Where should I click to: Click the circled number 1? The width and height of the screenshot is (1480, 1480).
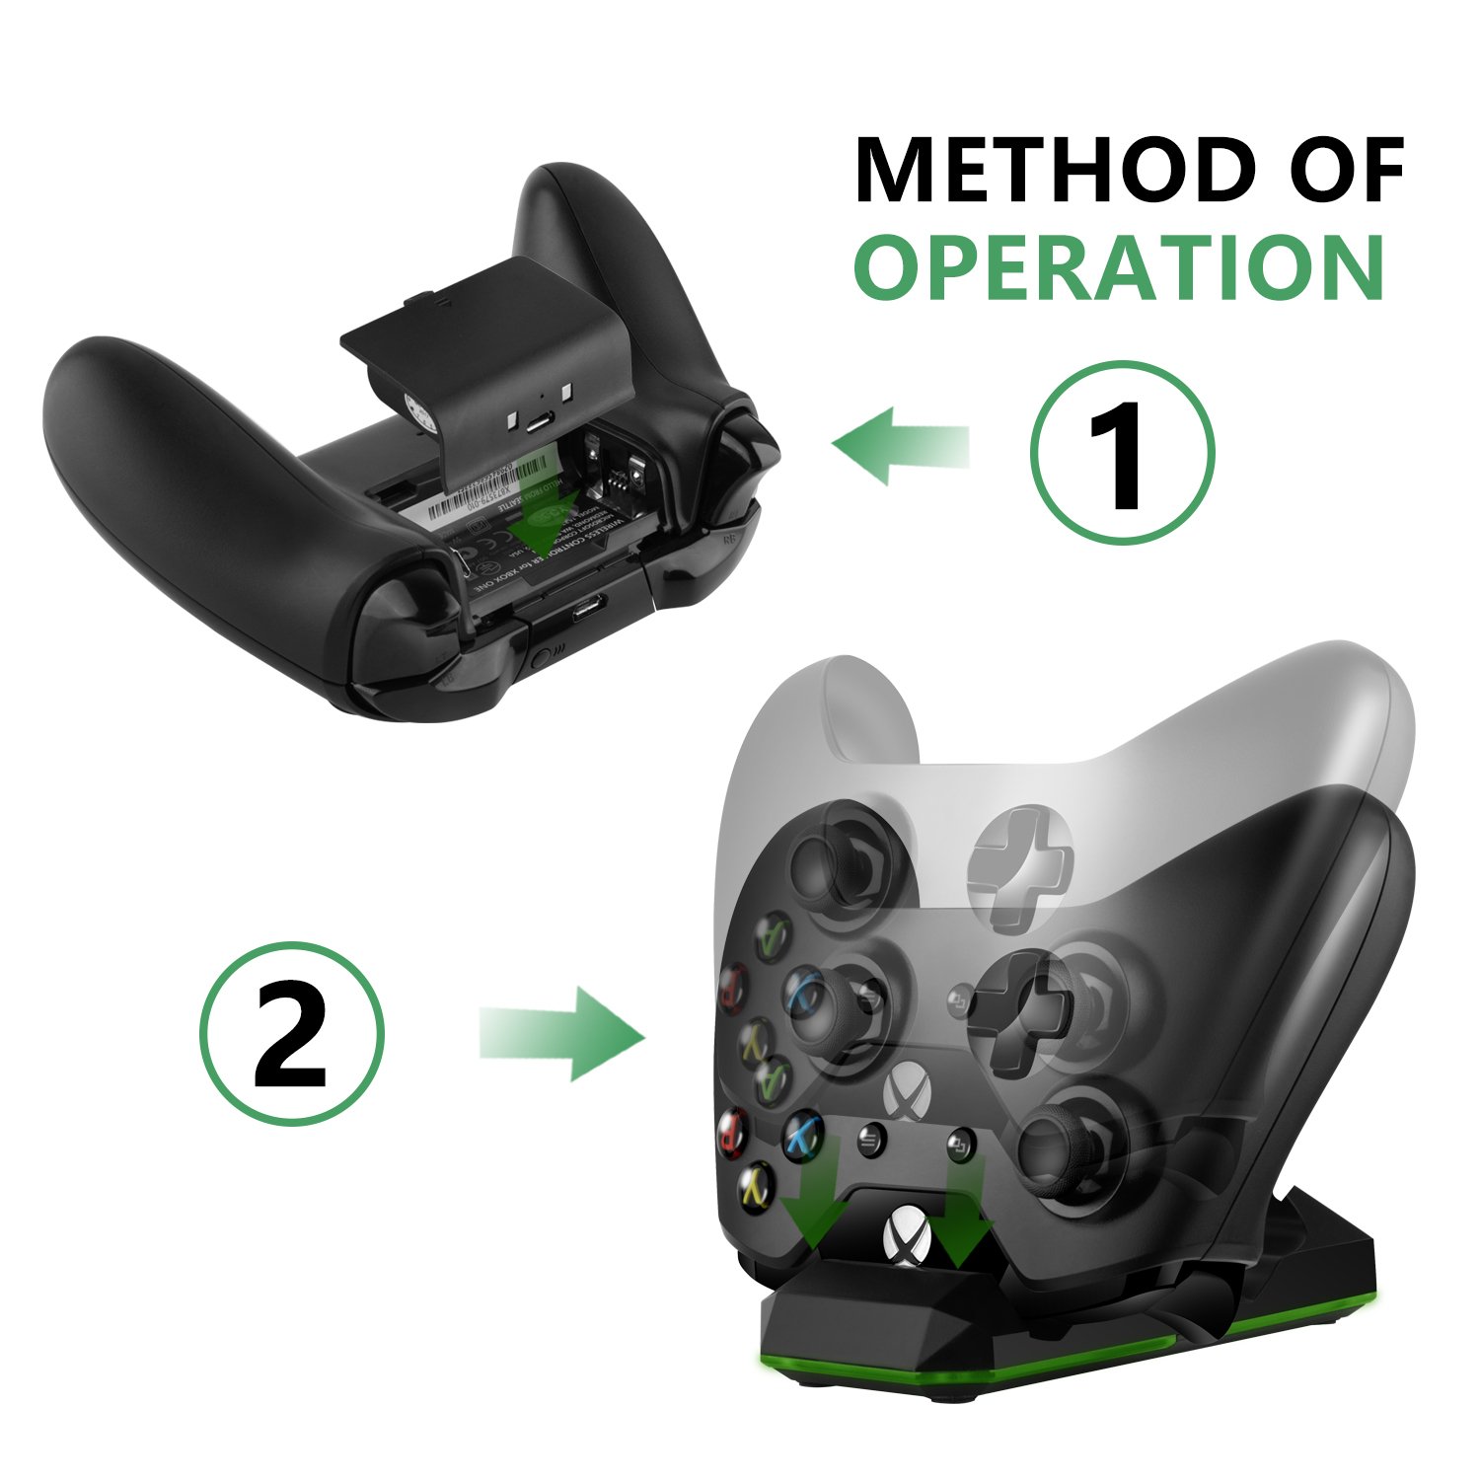tap(1122, 452)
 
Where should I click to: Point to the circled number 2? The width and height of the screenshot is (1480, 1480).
tap(291, 1033)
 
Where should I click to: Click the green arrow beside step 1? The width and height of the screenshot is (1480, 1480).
tap(898, 445)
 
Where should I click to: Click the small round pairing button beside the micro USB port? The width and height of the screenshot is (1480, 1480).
tap(539, 656)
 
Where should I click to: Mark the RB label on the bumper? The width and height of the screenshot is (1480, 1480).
tap(731, 540)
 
